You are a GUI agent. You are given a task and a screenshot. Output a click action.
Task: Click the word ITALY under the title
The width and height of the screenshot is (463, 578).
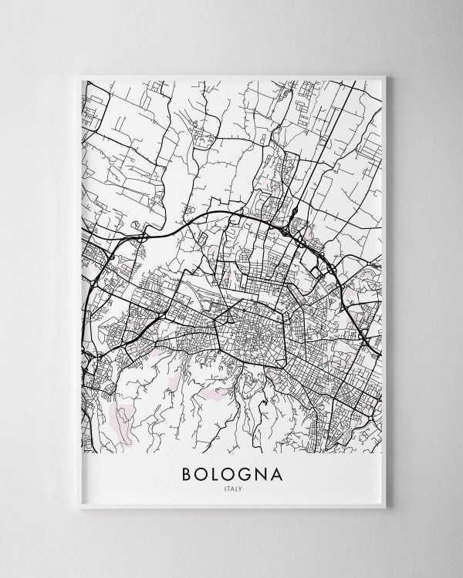pos(231,487)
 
